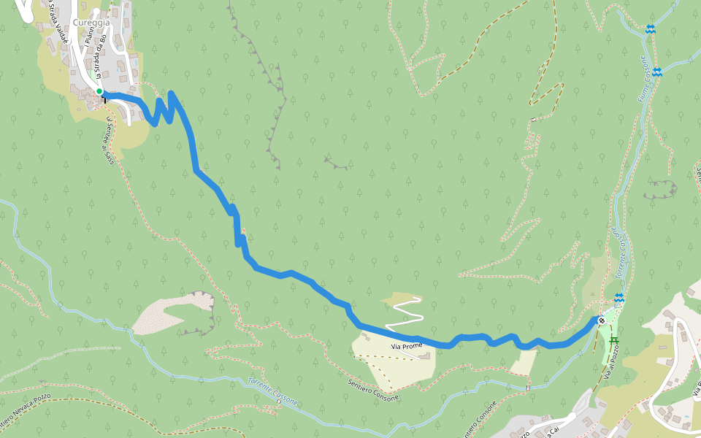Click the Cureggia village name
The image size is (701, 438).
tap(91, 23)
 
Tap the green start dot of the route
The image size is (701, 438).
tap(99, 91)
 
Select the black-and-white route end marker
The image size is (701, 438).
tap(601, 320)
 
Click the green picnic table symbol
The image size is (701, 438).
tap(613, 340)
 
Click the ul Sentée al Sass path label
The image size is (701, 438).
tap(109, 139)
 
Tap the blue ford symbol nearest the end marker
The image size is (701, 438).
tap(619, 297)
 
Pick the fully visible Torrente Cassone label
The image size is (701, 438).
tap(272, 391)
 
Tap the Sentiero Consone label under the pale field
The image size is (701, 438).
tap(373, 391)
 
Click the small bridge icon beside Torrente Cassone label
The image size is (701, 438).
tap(279, 401)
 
